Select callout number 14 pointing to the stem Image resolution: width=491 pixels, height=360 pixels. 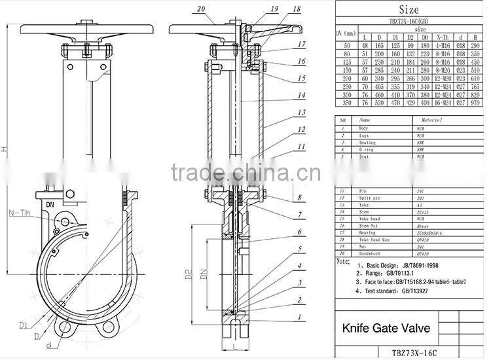pos(302,94)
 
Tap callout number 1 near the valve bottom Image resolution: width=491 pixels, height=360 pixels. pos(299,316)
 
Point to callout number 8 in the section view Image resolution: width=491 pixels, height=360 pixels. pos(299,197)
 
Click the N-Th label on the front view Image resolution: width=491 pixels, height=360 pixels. pos(20,213)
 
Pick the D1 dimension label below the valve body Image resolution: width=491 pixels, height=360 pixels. pos(23,323)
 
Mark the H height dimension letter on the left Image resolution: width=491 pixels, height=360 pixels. pos(5,150)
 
